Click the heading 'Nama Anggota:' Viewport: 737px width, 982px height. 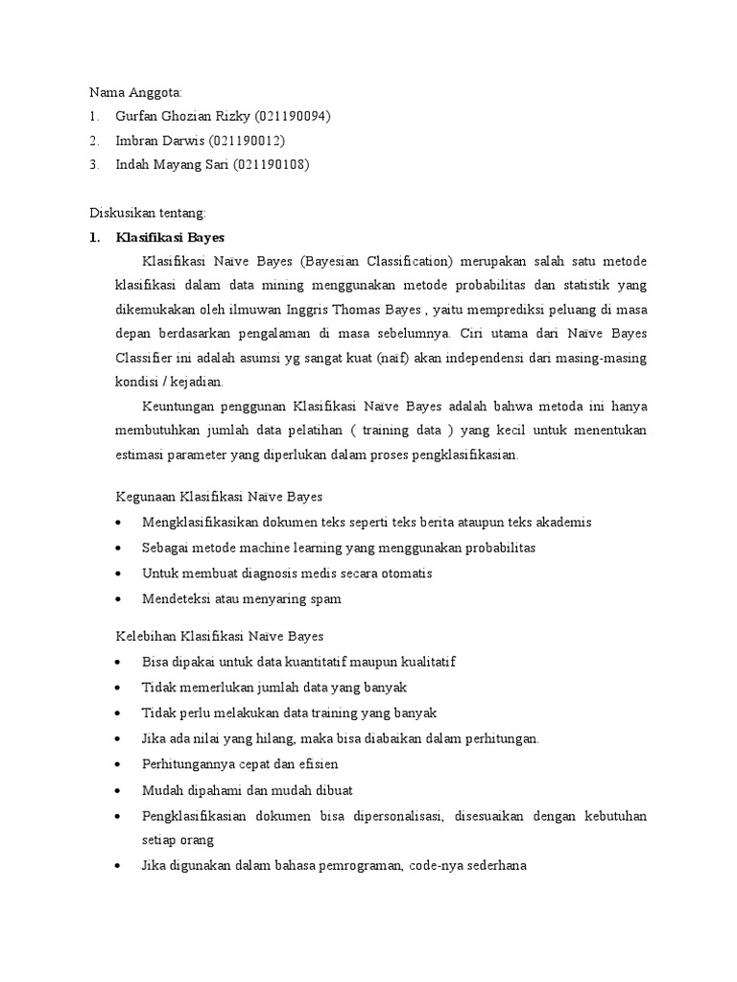coord(134,92)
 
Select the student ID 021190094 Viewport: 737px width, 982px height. coord(293,116)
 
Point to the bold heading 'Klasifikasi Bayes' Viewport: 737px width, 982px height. coord(170,237)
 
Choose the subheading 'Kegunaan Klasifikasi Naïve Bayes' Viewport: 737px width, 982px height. coord(219,497)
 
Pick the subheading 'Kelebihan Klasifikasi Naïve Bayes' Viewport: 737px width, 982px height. coord(219,636)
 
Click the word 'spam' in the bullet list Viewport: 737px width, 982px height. coord(323,598)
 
